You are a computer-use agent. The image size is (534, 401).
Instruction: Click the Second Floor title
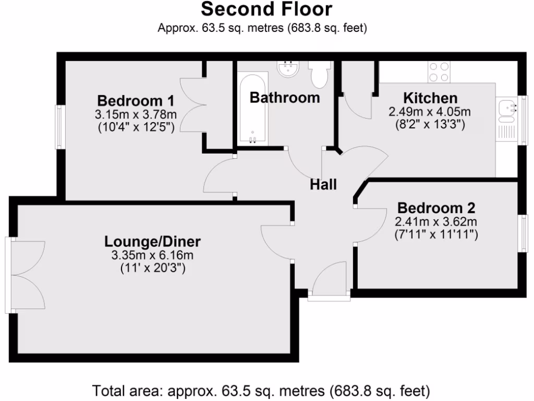click(266, 9)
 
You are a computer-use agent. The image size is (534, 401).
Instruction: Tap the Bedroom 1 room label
click(136, 100)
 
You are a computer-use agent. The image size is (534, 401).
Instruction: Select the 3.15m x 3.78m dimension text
click(136, 114)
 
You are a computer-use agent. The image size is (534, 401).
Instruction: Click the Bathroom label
click(284, 97)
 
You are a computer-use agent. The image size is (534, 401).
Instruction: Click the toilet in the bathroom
click(318, 74)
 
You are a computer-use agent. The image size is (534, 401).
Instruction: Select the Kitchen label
click(430, 98)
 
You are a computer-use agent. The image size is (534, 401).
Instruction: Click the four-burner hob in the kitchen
click(439, 72)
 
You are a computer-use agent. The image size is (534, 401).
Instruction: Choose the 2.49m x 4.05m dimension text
click(430, 112)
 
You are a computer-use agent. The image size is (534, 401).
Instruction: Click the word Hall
click(323, 184)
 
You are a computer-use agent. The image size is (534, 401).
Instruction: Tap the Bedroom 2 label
click(436, 208)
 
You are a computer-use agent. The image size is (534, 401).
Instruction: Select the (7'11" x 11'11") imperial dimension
click(436, 235)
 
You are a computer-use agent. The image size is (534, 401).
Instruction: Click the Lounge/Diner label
click(152, 241)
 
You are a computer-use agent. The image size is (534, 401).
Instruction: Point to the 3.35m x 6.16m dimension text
click(152, 255)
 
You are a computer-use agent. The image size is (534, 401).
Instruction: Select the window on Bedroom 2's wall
click(521, 233)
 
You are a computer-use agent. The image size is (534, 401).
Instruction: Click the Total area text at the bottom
click(261, 390)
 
